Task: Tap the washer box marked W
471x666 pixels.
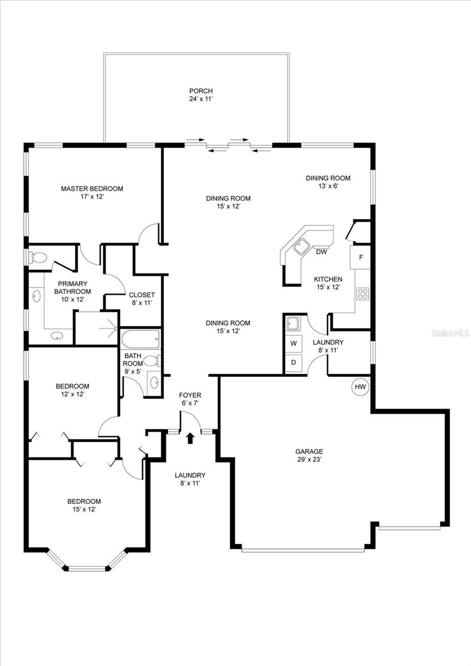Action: click(x=293, y=343)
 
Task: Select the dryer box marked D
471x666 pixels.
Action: click(x=293, y=363)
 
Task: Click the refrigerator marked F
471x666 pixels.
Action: click(x=360, y=258)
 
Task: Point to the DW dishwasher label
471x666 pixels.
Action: click(x=321, y=252)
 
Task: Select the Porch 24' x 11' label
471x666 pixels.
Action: click(x=201, y=95)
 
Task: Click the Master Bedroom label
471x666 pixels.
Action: click(x=92, y=193)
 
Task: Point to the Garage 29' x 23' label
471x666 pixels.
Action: click(x=309, y=455)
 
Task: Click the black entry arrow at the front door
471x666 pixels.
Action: click(x=191, y=438)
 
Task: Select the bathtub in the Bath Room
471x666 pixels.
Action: click(x=140, y=339)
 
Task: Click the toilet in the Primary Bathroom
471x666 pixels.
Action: click(x=38, y=258)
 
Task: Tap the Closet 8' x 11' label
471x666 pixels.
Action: click(x=142, y=299)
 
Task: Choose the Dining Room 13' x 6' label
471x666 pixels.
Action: click(x=328, y=182)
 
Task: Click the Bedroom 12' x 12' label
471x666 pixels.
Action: click(x=72, y=390)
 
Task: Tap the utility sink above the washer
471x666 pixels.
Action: click(x=293, y=323)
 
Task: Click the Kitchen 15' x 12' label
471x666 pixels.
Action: click(x=328, y=283)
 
